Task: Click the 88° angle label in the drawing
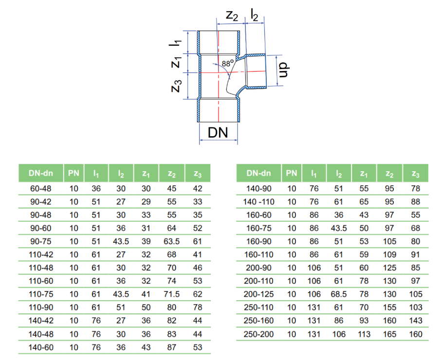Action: point(228,63)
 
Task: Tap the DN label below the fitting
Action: point(218,132)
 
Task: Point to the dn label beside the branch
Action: point(284,70)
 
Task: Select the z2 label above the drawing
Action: point(232,16)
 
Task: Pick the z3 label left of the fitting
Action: point(176,86)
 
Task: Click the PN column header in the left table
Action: point(74,173)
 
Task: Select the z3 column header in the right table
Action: point(415,174)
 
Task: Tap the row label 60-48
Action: point(41,188)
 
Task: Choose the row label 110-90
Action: point(41,307)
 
